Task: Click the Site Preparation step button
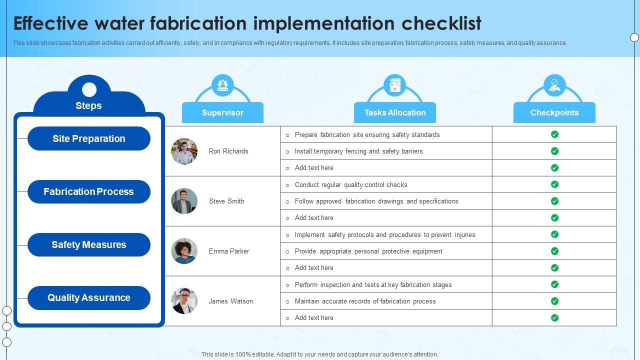tap(89, 138)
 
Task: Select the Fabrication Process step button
tap(89, 191)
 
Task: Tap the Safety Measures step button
tap(89, 244)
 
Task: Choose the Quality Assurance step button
tap(89, 297)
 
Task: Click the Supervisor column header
tap(222, 112)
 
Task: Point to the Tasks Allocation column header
tap(395, 112)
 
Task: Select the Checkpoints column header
tap(554, 112)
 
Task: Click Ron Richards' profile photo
tap(184, 151)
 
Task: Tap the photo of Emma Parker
tap(184, 251)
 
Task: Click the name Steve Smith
tap(226, 201)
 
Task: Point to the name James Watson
tap(230, 301)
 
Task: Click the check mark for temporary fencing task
tap(554, 151)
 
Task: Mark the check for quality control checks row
tap(554, 184)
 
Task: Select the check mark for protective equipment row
tap(554, 251)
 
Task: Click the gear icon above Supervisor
tap(222, 85)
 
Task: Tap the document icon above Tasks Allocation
tap(395, 85)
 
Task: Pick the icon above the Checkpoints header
tap(554, 85)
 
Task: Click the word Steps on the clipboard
tap(88, 105)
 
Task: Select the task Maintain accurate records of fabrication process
tap(365, 301)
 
